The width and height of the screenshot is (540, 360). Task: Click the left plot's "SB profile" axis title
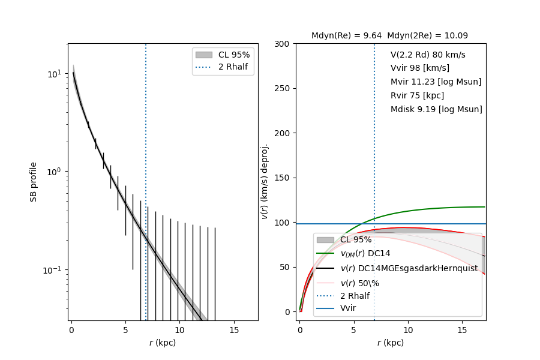point(34,181)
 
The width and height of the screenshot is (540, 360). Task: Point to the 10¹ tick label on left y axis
point(55,74)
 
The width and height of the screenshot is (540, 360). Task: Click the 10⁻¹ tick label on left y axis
point(53,270)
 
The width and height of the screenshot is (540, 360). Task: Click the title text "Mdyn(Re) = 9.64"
point(346,36)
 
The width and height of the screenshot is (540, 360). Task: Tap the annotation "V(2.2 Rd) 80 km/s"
point(428,55)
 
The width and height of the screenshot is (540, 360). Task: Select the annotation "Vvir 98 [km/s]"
point(419,68)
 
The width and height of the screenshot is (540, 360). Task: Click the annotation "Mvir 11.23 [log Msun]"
point(436,82)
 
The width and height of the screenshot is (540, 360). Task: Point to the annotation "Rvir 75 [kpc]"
point(417,95)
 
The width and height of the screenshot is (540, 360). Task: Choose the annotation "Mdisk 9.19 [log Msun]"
point(436,109)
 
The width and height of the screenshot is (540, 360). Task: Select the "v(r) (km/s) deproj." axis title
point(265,181)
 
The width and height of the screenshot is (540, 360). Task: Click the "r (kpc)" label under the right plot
point(391,343)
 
